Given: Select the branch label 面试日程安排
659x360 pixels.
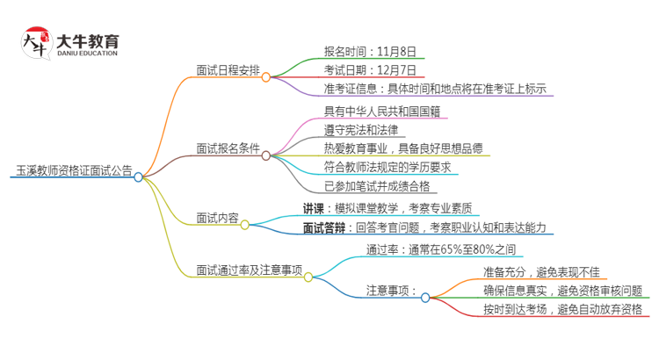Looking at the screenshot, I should tap(228, 70).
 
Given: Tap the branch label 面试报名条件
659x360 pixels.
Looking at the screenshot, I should tap(228, 148).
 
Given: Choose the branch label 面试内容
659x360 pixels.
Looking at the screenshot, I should tap(217, 218).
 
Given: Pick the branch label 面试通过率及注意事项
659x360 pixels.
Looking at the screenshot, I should tap(250, 270).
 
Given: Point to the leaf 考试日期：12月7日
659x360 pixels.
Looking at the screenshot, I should tap(369, 70).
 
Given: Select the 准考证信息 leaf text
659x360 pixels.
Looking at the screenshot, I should tap(436, 89).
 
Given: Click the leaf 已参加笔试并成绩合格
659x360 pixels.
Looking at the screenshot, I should tap(380, 186).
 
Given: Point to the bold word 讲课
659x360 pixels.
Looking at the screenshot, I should tap(315, 208).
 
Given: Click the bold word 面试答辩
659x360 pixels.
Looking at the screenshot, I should tap(325, 227).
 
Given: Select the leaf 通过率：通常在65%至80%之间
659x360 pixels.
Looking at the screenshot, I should tap(445, 249).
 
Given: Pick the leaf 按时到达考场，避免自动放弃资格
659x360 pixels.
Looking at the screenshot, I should tap(561, 309).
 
